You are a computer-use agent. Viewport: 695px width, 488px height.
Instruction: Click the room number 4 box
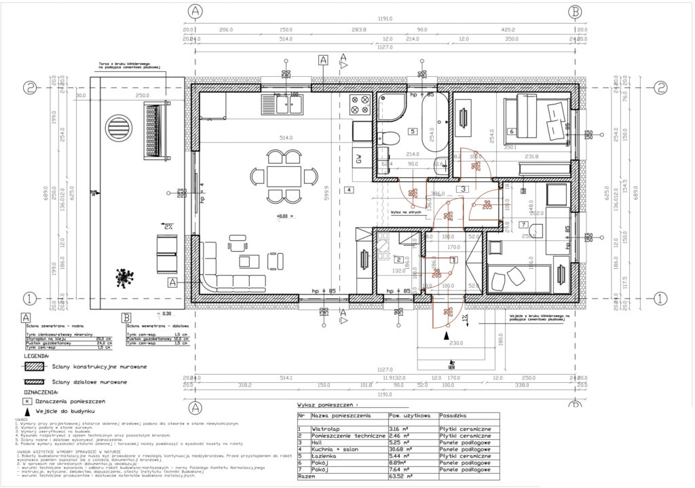(x=349, y=189)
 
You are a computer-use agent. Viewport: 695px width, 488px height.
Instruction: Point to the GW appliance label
(x=358, y=160)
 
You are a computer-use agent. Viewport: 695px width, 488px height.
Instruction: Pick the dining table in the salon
(x=281, y=176)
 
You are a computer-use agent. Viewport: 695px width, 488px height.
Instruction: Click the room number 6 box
(x=512, y=131)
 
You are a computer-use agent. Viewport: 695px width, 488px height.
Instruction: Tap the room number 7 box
(x=523, y=224)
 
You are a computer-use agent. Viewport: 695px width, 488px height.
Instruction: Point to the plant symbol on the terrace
(x=124, y=276)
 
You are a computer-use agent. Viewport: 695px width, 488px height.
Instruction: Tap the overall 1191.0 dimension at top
(x=387, y=20)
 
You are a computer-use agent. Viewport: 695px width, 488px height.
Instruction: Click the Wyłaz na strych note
(x=407, y=212)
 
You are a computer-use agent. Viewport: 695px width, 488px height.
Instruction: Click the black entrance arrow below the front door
(x=445, y=334)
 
